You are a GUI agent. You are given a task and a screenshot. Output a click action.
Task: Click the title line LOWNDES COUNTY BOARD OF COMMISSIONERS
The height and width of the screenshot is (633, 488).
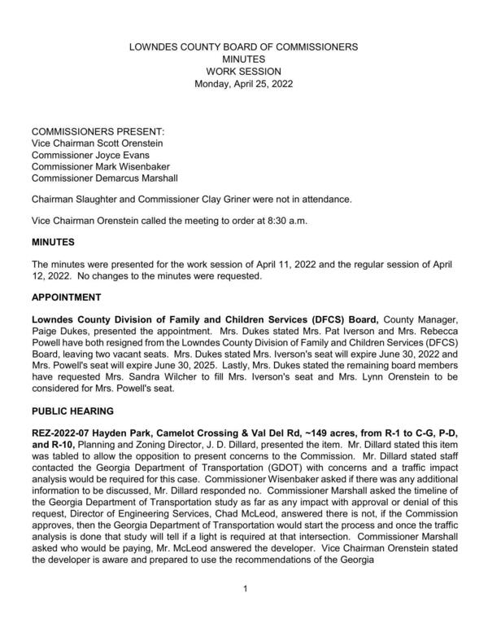(x=244, y=48)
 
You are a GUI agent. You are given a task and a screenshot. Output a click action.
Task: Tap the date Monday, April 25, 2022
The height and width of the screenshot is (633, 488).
(x=244, y=83)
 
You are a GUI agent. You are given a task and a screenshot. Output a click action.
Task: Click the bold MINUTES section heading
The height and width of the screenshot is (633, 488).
(x=53, y=243)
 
